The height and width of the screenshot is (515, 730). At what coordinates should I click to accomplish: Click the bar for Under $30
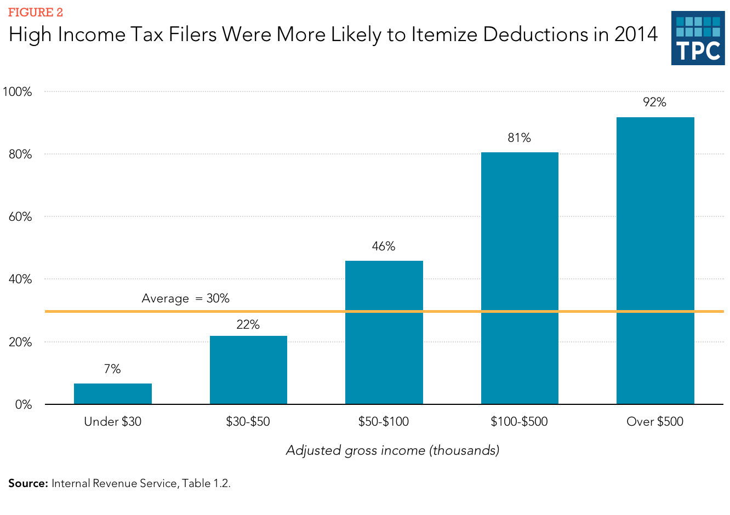[113, 394]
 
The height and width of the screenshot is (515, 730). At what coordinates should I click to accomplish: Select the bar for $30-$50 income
[248, 370]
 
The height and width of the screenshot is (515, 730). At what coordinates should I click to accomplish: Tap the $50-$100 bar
[384, 332]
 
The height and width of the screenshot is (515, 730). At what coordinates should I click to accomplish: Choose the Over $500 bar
[655, 260]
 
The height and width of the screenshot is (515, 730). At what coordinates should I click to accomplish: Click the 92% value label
[655, 102]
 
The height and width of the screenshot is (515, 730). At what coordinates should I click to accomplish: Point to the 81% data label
[519, 138]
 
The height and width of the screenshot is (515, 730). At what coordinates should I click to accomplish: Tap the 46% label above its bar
[384, 247]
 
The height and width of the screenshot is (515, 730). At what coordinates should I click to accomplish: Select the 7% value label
[112, 369]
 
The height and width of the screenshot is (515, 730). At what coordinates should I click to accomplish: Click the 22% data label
[248, 325]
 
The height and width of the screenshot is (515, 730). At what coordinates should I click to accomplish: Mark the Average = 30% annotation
[185, 299]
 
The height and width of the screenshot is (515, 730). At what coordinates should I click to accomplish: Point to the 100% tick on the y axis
[18, 92]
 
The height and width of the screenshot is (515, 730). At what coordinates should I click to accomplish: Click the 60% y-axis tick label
[20, 217]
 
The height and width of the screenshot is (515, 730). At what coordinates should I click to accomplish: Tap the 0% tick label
[24, 405]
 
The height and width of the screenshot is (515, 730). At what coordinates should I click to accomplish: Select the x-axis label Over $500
[655, 422]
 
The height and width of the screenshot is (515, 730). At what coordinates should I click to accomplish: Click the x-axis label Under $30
[113, 422]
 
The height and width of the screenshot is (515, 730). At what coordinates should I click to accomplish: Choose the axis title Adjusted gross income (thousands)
[392, 450]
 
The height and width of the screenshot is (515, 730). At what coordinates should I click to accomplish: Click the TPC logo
[698, 38]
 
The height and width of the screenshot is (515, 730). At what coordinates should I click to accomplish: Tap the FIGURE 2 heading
[35, 13]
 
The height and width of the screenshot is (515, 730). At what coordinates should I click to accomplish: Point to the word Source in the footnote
[28, 484]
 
